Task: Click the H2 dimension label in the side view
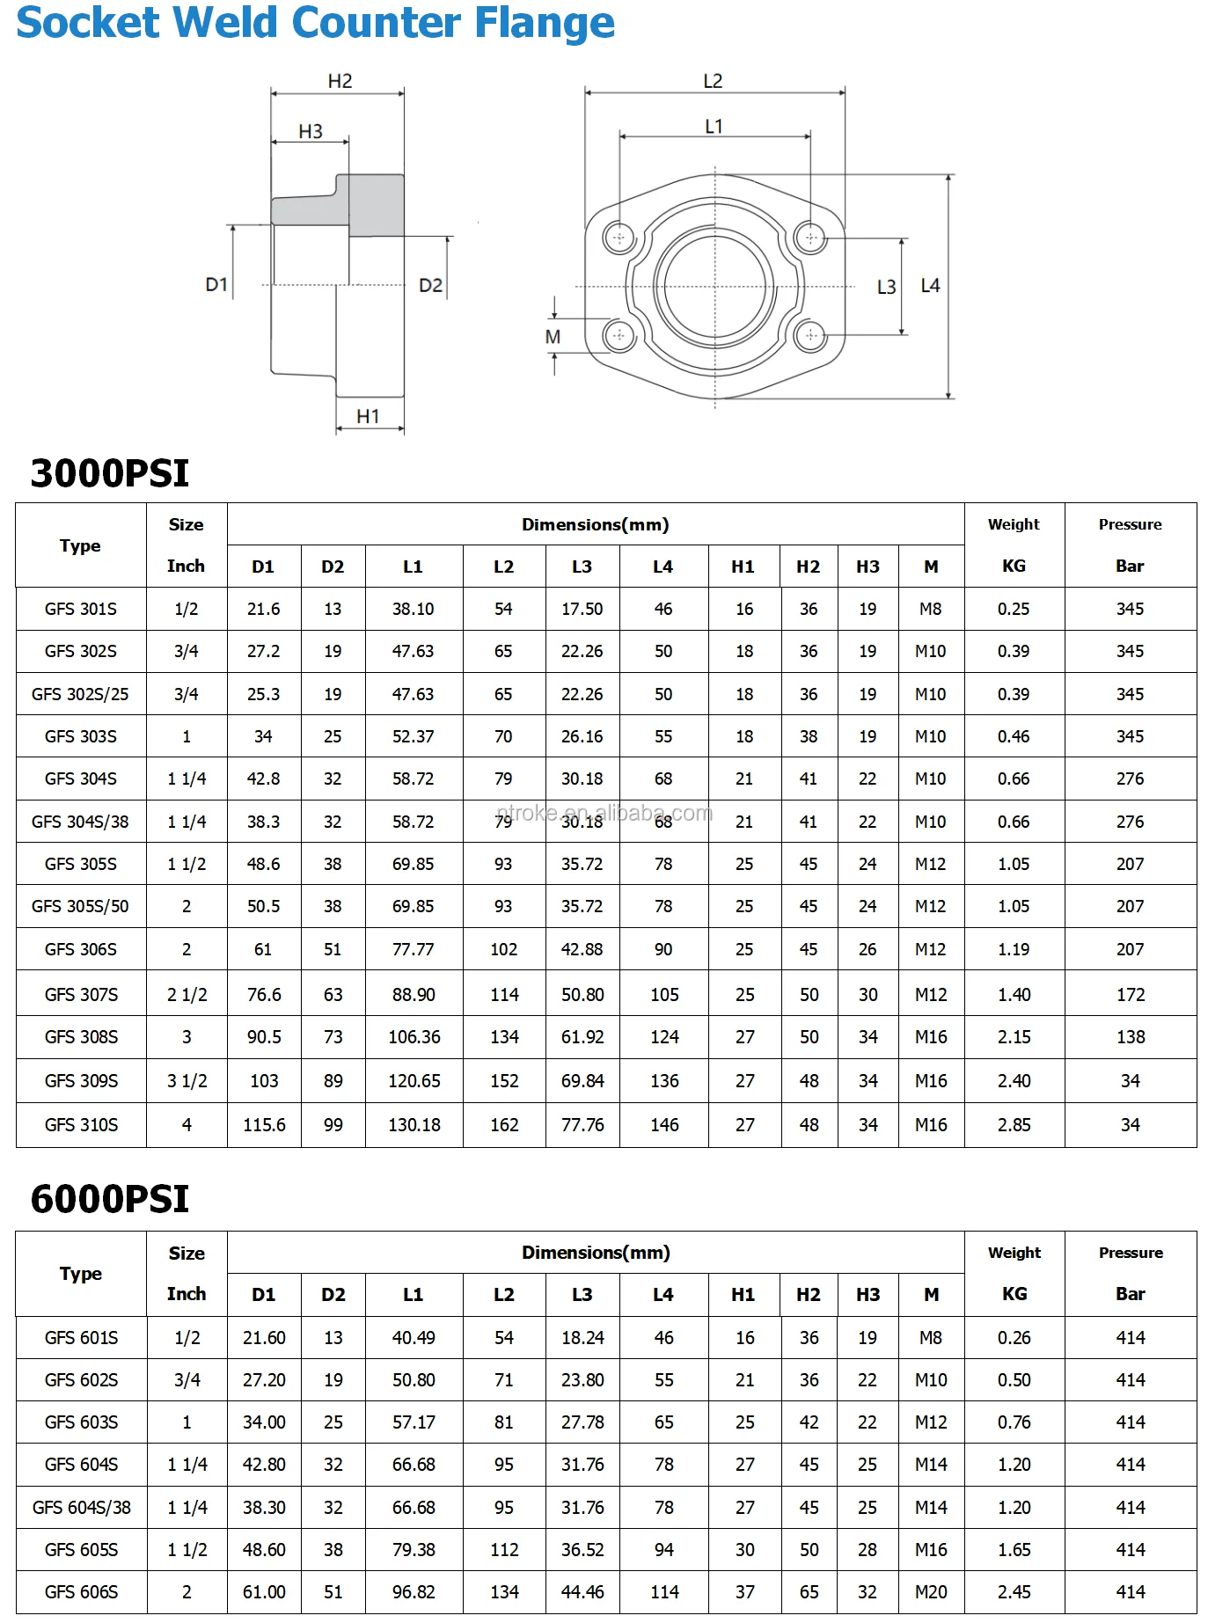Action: pyautogui.click(x=340, y=81)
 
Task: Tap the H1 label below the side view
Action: pyautogui.click(x=368, y=416)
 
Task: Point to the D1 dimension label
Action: pyautogui.click(x=216, y=284)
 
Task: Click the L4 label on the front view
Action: pyautogui.click(x=930, y=285)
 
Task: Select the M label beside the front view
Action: pyautogui.click(x=553, y=336)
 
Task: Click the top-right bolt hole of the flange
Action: pyautogui.click(x=810, y=238)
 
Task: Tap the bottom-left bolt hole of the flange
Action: pyautogui.click(x=619, y=335)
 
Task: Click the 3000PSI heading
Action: pyautogui.click(x=110, y=473)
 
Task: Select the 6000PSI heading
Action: pyautogui.click(x=110, y=1199)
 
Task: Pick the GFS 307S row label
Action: pyautogui.click(x=81, y=994)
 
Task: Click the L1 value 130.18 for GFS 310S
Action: pyautogui.click(x=414, y=1124)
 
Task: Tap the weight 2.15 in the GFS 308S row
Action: pyautogui.click(x=1014, y=1036)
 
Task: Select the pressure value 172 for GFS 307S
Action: pyautogui.click(x=1130, y=994)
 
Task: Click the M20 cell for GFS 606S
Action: pyautogui.click(x=930, y=1591)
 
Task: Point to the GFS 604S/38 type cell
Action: pyautogui.click(x=81, y=1507)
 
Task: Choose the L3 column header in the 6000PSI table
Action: pyautogui.click(x=582, y=1294)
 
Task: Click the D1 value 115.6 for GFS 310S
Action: pyautogui.click(x=264, y=1124)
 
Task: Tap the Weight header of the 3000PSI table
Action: pyautogui.click(x=1014, y=524)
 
